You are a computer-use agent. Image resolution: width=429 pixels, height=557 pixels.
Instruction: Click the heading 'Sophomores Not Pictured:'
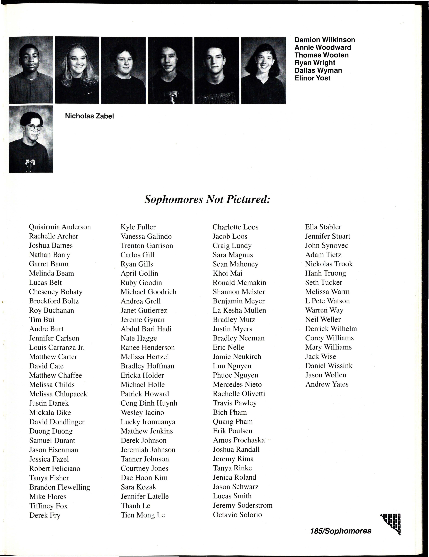(207, 199)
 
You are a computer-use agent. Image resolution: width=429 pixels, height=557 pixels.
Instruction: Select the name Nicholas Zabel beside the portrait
(89, 116)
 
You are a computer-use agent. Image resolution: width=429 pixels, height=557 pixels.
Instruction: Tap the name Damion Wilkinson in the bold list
(325, 40)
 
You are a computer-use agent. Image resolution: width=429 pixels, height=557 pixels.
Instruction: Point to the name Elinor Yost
(312, 78)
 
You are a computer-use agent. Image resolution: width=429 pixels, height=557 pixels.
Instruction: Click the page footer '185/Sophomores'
(341, 531)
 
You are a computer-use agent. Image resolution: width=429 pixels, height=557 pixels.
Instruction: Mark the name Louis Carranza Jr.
(57, 347)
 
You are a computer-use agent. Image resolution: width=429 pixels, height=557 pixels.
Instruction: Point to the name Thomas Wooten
(322, 55)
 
